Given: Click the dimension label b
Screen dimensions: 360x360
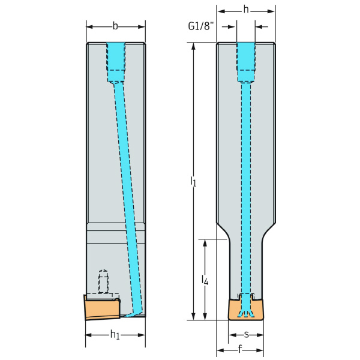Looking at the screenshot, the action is point(115,26).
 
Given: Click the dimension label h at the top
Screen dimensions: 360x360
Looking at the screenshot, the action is point(246,10).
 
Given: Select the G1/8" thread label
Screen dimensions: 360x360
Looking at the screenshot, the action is point(201,26).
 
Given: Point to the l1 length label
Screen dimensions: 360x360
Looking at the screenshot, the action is point(193,181).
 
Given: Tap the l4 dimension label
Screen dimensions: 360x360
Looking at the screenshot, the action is point(205,280).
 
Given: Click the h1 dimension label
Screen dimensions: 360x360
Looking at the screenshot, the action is point(115,335).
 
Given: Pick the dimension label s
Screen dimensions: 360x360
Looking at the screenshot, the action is point(246,335).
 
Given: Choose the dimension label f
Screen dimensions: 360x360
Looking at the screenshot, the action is point(240,349).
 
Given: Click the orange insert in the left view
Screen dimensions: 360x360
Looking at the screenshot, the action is point(103,308).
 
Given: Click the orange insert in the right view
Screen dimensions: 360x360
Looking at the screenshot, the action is point(246,309).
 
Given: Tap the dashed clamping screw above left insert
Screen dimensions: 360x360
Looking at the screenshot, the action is point(103,282).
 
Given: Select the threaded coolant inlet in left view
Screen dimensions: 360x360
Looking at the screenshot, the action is point(116,62).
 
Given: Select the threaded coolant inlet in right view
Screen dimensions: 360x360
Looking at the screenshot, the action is point(246,62).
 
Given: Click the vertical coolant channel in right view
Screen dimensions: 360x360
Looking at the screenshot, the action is point(246,188).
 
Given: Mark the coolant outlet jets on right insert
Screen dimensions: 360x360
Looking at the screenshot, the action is point(246,313).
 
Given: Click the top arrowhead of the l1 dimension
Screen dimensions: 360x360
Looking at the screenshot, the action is point(194,46).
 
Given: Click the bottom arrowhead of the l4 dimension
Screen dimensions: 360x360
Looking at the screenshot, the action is point(205,316).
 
